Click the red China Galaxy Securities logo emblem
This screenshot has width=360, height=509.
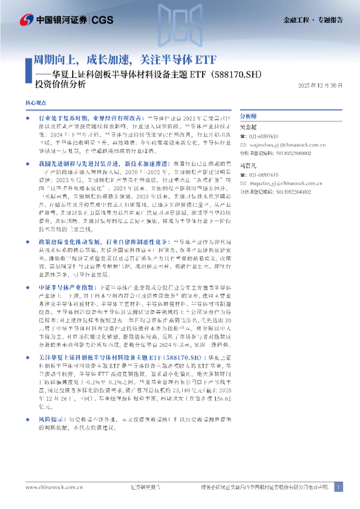coord(27,19)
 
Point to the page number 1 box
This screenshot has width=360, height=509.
coord(338,487)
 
